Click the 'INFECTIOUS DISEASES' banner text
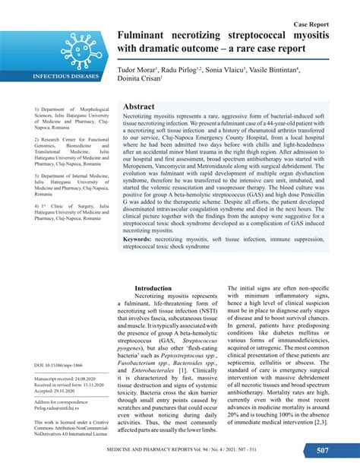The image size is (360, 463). point(66,78)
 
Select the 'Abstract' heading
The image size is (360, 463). point(139,107)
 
